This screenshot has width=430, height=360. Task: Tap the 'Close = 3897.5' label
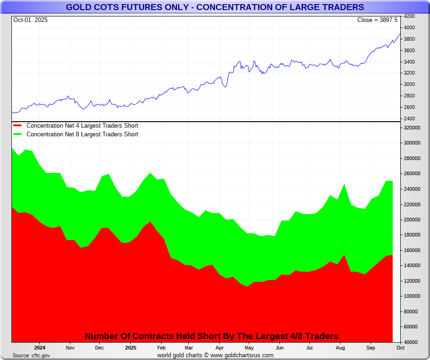coord(377,20)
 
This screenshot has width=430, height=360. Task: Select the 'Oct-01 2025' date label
coord(30,20)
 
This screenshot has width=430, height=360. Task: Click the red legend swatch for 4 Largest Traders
coord(17,126)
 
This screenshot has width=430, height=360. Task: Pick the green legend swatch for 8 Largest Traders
coord(17,134)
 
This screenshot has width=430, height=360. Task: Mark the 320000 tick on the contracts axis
coord(411,128)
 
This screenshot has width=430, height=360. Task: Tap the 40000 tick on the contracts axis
coord(409,342)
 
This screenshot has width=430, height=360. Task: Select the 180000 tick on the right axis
coord(411,235)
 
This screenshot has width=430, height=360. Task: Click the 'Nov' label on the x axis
coord(70,348)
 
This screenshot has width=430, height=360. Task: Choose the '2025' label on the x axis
coord(130,348)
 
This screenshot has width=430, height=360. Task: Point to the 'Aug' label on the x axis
coord(340,348)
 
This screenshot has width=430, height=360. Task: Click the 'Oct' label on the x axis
coord(400,348)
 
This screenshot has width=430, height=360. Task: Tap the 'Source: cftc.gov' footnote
coord(31,355)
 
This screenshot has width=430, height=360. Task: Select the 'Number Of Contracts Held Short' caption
coord(211,336)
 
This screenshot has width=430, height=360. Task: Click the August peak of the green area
coord(344,184)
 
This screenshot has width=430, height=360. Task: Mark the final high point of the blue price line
coord(400,34)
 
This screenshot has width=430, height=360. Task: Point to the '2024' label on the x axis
coord(39,348)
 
